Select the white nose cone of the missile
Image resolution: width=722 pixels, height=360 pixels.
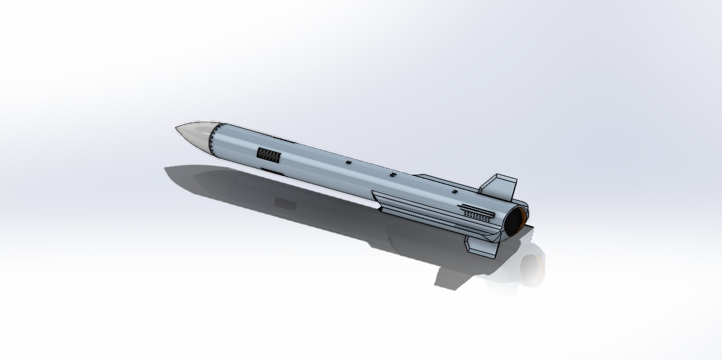coord(195,134)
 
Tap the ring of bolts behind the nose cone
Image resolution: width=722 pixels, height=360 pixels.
coord(212,140)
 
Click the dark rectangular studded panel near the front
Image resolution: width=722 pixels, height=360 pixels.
coord(268,153)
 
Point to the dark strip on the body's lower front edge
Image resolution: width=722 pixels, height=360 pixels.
coord(273,171)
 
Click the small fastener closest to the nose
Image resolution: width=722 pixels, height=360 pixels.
coord(349,162)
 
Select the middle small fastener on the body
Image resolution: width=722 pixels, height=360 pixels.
coord(393,175)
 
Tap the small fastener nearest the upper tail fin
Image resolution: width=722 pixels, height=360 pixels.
coord(455,192)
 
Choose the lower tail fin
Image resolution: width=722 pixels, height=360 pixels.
coord(481,247)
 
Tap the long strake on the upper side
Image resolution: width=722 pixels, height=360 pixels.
coord(441,181)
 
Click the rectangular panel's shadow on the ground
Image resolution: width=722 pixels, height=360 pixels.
coord(285,202)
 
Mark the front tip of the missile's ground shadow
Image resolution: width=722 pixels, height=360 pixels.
coord(166,168)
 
